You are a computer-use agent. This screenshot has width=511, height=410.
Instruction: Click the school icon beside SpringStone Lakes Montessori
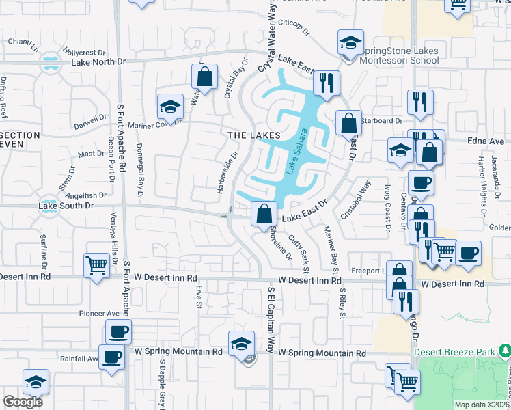point(349,43)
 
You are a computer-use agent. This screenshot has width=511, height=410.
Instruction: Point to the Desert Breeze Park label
point(454,352)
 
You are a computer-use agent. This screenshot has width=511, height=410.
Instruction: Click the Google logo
point(23,402)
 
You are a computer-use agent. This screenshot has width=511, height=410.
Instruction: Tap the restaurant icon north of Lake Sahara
point(326,83)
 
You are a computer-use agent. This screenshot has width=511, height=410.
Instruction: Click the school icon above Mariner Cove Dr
point(169,106)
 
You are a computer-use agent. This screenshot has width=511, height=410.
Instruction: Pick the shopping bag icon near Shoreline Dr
point(264,214)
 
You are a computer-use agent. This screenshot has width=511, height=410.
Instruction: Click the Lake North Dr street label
point(98,61)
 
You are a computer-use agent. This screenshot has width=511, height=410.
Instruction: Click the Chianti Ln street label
point(23,42)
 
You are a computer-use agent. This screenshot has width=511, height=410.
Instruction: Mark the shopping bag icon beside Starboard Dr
point(348,124)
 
